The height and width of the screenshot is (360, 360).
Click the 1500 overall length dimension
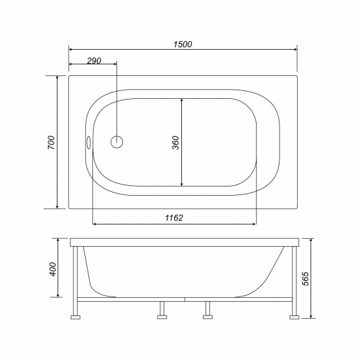(x=183, y=44)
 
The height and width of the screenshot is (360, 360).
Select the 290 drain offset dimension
(x=94, y=60)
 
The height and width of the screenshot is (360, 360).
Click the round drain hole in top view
(x=117, y=142)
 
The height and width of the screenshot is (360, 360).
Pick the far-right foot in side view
(x=294, y=315)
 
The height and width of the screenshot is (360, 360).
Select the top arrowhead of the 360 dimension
(x=181, y=100)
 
